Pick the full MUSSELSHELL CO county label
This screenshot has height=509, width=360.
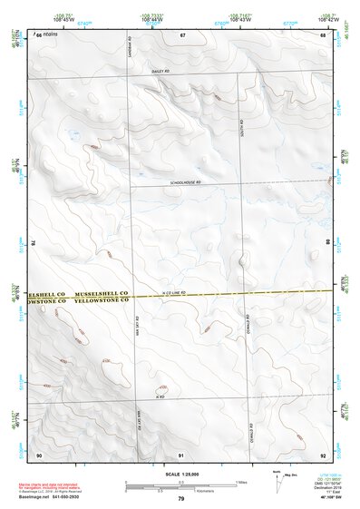point(102,295)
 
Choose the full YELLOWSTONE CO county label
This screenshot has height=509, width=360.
point(102,303)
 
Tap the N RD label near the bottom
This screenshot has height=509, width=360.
point(160,397)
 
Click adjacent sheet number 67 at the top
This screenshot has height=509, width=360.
point(181,34)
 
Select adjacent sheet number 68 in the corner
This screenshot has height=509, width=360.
point(323,34)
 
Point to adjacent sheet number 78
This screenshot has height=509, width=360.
point(33,243)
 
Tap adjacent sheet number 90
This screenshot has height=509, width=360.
point(39,454)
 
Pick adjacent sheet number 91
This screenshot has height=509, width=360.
point(181,454)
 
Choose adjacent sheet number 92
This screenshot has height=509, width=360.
point(323,454)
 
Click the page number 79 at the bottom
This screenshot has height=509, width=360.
point(180,498)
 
